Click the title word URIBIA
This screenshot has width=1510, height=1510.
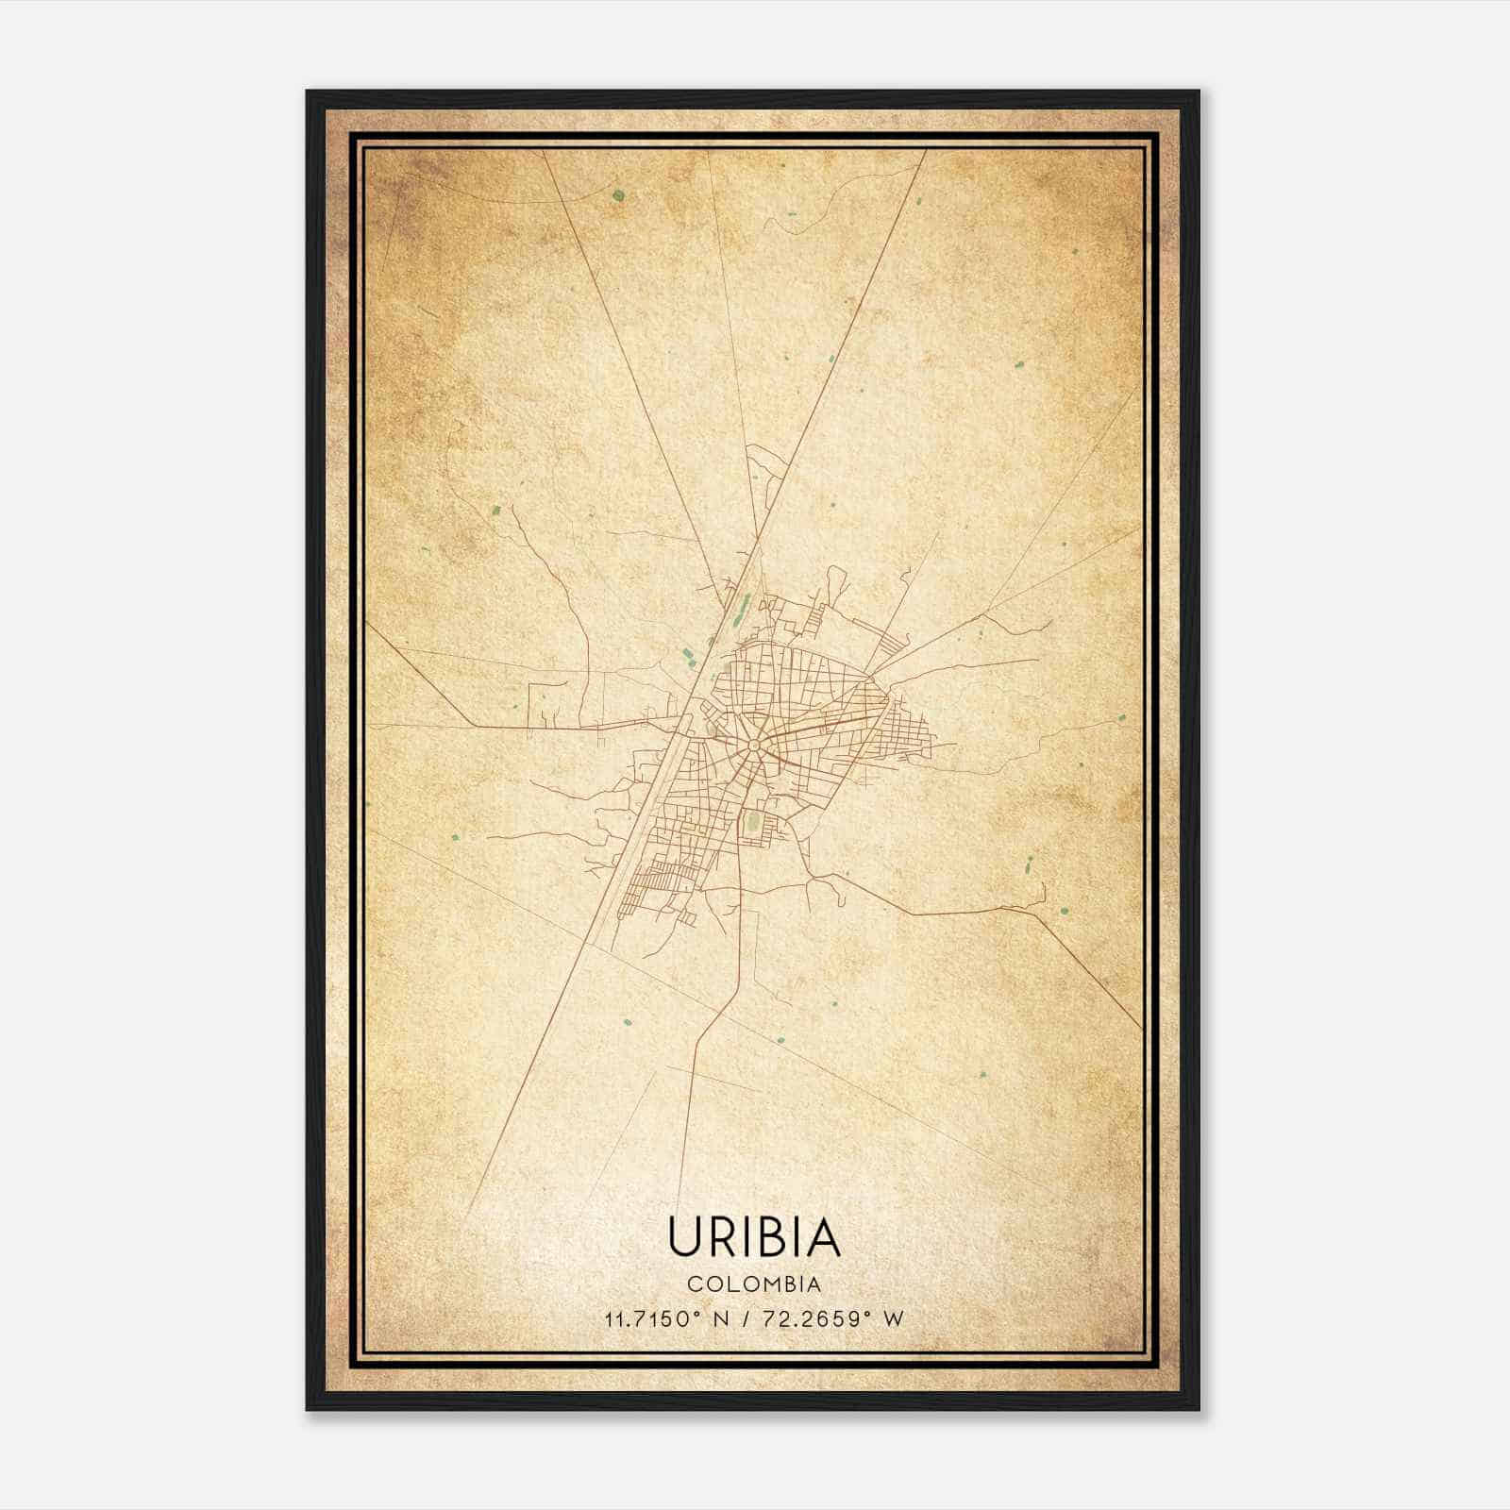point(754,1236)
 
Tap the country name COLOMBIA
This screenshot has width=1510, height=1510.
point(754,1284)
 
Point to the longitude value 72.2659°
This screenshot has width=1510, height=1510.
point(816,1318)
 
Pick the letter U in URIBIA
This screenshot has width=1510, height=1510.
point(683,1236)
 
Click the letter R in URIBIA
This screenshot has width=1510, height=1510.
point(719,1236)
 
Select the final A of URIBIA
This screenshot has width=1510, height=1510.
point(823,1236)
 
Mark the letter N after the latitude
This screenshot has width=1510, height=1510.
point(721,1318)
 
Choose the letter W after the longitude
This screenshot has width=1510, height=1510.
point(893,1318)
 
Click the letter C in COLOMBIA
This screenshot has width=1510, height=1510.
point(694,1284)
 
